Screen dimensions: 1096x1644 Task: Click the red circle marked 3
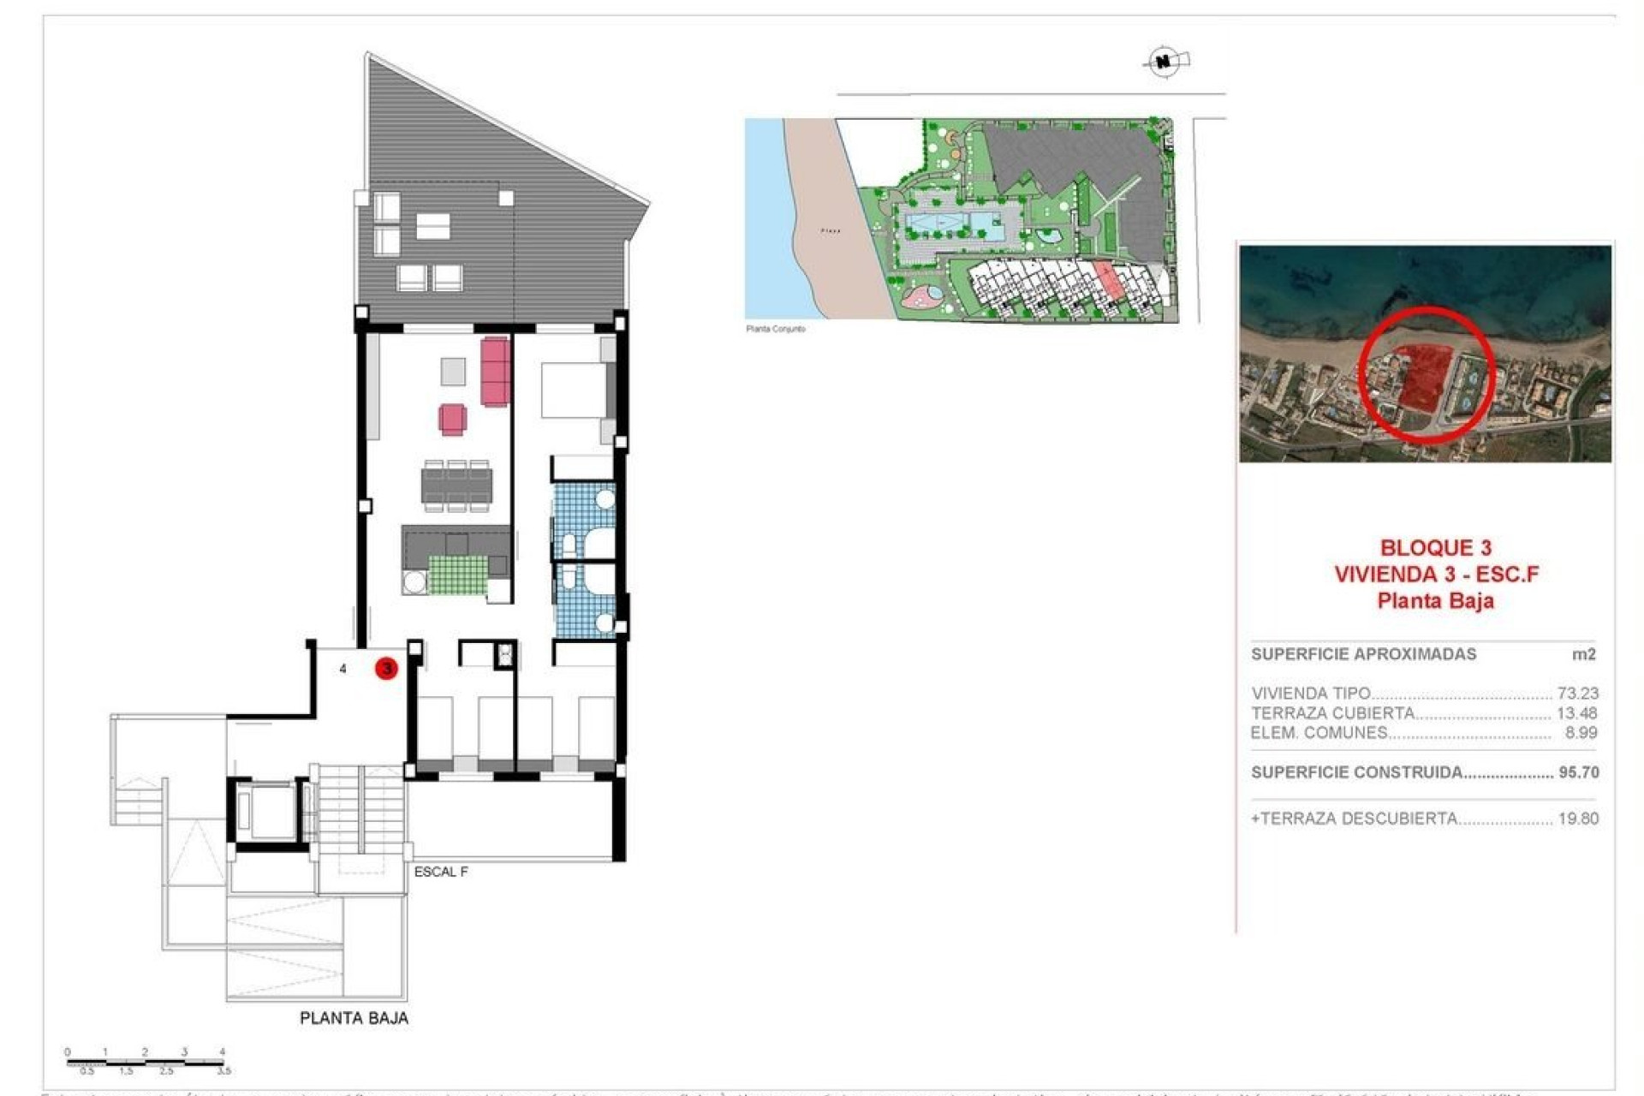coord(386,668)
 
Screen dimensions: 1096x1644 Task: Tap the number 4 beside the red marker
coord(343,669)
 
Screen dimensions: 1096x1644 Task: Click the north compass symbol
coord(1164,62)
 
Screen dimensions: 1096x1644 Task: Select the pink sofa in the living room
coord(496,371)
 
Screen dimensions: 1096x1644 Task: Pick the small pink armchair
coord(453,420)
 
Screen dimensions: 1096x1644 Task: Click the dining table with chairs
coord(457,485)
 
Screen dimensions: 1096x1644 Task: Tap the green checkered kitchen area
coord(457,575)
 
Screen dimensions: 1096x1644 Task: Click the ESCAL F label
coord(441,872)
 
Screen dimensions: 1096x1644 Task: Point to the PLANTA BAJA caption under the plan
coord(354,1018)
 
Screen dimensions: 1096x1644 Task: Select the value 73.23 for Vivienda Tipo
coord(1577,693)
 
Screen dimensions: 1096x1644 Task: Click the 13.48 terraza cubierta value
coord(1577,712)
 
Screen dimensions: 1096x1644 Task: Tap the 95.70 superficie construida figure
coord(1578,772)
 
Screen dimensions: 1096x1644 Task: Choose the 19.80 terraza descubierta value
coord(1578,819)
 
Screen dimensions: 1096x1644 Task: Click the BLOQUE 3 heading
coord(1435,548)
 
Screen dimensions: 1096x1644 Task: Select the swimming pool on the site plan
coord(956,226)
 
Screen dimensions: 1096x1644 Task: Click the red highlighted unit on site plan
coord(1109,281)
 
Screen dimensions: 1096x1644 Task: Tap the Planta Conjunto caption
coord(775,329)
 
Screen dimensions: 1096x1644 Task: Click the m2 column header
coord(1583,654)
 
